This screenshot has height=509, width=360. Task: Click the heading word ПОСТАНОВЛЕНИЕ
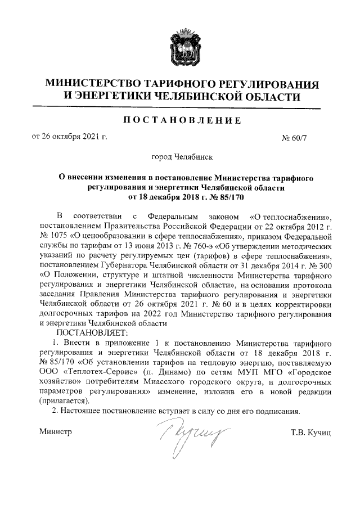[x=179, y=120]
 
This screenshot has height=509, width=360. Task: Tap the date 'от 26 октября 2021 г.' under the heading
[x=70, y=137]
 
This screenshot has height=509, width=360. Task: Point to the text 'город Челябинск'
[x=179, y=159]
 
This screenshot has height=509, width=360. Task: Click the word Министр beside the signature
[x=56, y=431]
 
